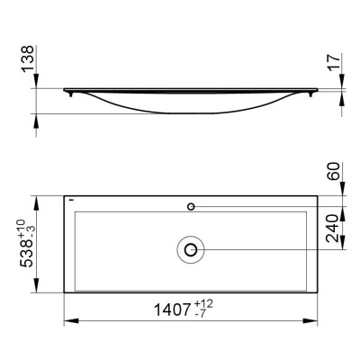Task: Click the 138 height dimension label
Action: (28, 58)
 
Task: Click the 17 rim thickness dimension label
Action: (335, 62)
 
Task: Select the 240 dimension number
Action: (333, 228)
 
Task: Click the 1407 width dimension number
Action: (173, 310)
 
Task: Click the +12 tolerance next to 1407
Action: (203, 304)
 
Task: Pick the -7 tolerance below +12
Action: (200, 313)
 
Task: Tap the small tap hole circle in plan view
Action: (191, 206)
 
